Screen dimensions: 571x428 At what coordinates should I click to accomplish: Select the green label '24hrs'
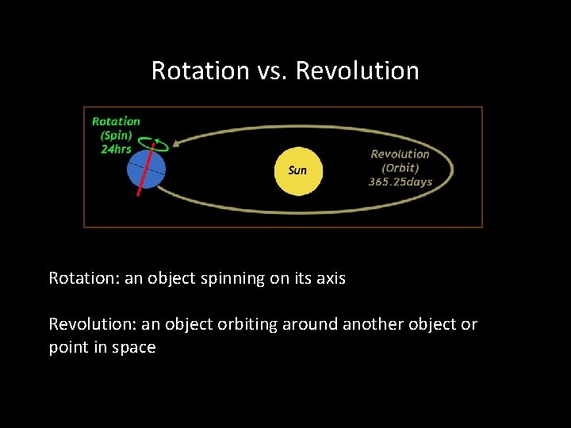(116, 150)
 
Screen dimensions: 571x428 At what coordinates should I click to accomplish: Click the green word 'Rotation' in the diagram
(116, 121)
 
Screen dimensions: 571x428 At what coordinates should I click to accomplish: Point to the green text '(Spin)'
(116, 136)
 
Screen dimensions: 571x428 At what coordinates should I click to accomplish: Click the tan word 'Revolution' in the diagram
(400, 154)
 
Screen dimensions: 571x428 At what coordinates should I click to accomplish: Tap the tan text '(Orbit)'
(400, 167)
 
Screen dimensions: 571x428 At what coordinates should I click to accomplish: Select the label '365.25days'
(400, 182)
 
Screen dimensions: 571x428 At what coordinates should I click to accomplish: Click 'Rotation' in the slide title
(200, 71)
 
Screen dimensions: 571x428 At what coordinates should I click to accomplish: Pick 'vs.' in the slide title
(272, 71)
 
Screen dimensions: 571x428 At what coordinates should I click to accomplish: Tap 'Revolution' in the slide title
(357, 71)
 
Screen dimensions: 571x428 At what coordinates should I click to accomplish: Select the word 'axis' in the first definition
(330, 278)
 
